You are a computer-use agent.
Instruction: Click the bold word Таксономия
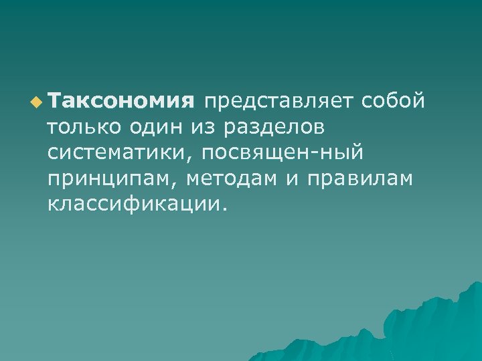click(120, 101)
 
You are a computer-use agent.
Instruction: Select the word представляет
click(279, 101)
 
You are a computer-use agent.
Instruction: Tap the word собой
click(392, 101)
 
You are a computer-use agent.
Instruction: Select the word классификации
click(133, 204)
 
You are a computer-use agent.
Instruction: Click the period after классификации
click(224, 209)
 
